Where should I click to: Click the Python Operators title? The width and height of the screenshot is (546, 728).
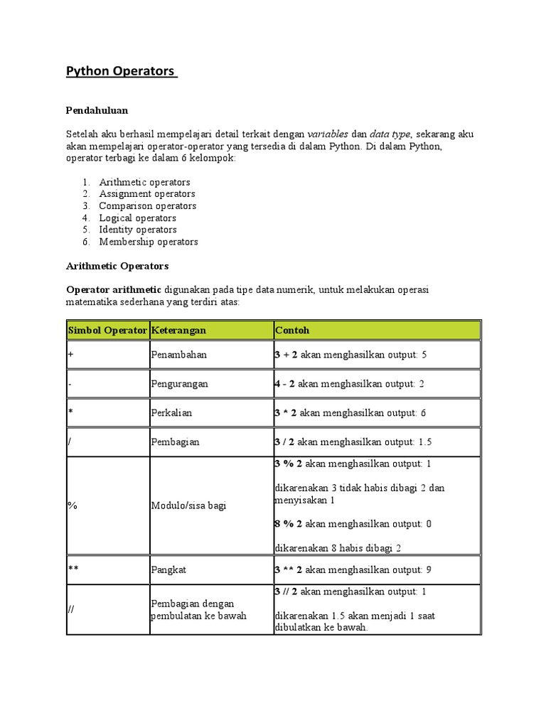point(121,72)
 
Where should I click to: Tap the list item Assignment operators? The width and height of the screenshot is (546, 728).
point(147,193)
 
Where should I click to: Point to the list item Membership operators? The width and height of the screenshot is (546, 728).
point(149,242)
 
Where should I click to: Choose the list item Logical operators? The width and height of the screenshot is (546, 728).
point(138,218)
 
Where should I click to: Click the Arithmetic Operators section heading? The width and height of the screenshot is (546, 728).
point(117,266)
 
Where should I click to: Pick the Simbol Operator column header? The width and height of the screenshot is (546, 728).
point(107,331)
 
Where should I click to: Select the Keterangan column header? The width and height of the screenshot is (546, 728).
point(178,331)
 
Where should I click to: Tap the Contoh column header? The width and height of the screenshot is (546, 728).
point(291,331)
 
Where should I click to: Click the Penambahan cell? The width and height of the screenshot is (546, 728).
point(178,355)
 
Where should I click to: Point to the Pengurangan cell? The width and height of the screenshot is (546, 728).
point(180,384)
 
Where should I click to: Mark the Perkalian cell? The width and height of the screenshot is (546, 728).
point(171,413)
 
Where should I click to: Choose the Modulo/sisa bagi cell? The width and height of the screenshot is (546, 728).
point(185,505)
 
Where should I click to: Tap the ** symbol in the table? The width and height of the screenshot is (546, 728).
point(73,570)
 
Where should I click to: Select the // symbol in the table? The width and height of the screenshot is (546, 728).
point(72,609)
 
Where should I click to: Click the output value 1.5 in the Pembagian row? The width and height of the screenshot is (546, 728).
point(425,442)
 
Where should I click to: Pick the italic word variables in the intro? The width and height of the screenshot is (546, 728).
point(328,134)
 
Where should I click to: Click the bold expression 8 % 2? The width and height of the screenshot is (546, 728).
point(289,524)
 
